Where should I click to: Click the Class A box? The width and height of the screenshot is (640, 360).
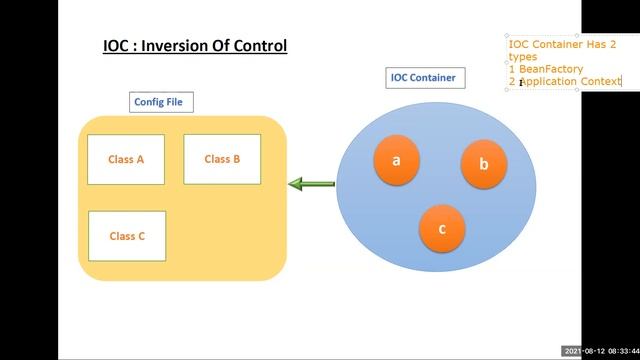click(126, 159)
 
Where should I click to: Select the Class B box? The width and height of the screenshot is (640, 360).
click(222, 159)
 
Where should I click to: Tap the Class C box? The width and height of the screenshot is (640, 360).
click(127, 236)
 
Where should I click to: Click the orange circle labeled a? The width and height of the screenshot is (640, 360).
click(396, 160)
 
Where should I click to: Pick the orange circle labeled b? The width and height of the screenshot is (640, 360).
click(483, 164)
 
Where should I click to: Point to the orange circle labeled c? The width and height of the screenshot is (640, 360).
click(442, 228)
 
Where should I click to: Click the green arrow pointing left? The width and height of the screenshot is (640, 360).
click(311, 184)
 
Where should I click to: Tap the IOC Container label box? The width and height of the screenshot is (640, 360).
click(424, 78)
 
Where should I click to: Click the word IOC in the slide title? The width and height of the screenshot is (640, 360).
click(117, 46)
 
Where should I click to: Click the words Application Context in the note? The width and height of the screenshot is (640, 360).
click(571, 81)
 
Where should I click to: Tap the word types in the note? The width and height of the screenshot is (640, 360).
click(523, 57)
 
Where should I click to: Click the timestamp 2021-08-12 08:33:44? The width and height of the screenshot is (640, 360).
click(601, 351)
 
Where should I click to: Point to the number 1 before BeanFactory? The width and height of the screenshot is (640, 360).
click(512, 69)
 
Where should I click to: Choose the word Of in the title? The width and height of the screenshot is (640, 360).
click(222, 46)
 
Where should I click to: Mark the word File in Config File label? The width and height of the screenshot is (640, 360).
click(179, 101)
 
